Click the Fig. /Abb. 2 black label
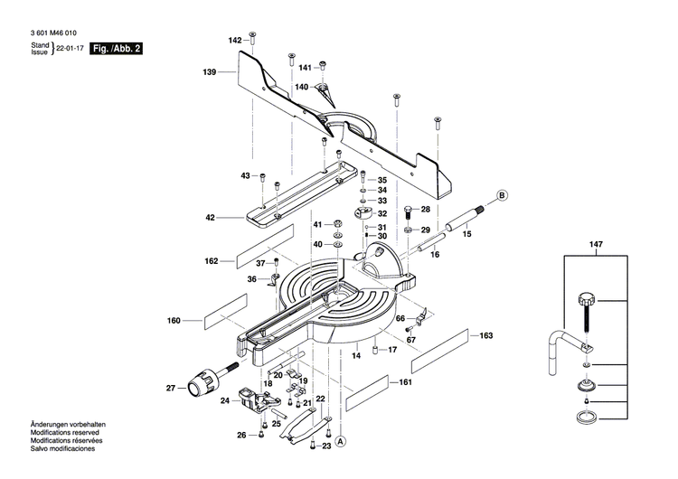coord(119,48)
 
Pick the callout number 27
coord(170,388)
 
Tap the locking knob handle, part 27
coord(204,387)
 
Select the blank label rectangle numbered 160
coord(222,319)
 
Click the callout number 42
coord(210,217)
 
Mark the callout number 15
coord(466,234)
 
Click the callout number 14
coord(355,358)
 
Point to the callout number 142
coord(235,41)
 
